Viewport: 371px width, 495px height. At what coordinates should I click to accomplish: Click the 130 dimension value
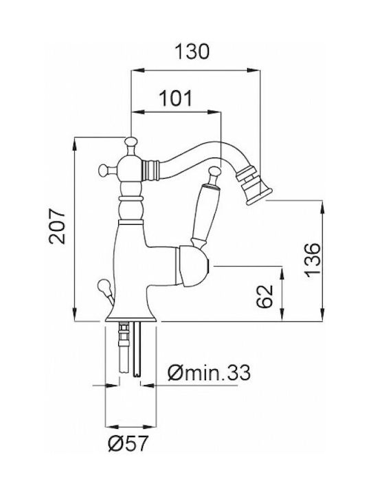(x=192, y=52)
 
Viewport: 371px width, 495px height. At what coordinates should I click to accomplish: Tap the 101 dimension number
(x=176, y=98)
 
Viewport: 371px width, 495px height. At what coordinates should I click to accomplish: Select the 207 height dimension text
(x=57, y=226)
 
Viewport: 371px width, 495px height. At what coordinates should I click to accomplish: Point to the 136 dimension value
(x=313, y=260)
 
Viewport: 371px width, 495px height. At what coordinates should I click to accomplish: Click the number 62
(x=265, y=296)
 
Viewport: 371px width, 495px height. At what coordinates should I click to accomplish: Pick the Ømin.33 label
(x=209, y=373)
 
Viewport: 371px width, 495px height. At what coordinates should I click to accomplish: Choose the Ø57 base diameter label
(x=128, y=443)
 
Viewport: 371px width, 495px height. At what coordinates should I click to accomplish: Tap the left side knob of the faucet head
(x=104, y=170)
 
